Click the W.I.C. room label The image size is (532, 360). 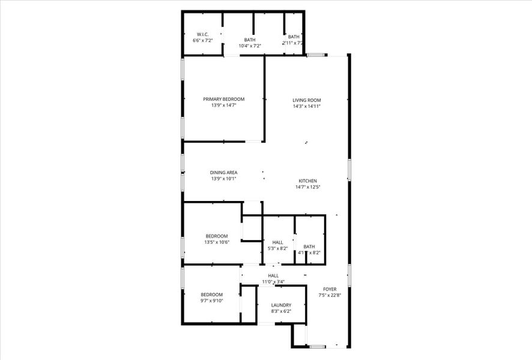coord(202,34)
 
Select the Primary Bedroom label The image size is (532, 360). coord(223,99)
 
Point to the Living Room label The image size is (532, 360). coord(306,100)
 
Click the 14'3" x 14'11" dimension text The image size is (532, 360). coord(306,106)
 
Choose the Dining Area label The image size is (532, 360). coord(223,173)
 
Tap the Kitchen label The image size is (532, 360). coord(307,181)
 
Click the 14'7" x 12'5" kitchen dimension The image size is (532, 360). coord(307,187)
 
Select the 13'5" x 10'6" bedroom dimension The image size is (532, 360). coord(217,242)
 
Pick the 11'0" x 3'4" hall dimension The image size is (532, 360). coord(273,282)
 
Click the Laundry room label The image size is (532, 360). coord(281,305)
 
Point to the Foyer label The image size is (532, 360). coord(330,289)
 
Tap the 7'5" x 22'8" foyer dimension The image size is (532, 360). coord(330,295)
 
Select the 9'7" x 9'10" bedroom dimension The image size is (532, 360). coord(211,301)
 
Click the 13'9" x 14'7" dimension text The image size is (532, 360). coord(223,106)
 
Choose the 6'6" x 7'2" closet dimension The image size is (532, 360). coord(202,41)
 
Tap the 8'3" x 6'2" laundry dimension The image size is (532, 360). coord(281,311)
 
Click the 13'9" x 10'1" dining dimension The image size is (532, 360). coord(223,179)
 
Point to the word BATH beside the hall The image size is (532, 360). coord(309,247)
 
